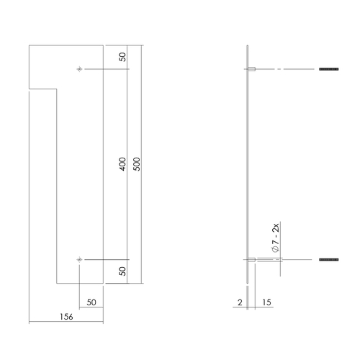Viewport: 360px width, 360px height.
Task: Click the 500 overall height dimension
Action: click(136, 164)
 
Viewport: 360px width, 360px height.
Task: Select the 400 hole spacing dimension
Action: click(122, 164)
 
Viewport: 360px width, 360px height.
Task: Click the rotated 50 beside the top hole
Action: click(122, 58)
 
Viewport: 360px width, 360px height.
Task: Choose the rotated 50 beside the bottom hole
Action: click(122, 271)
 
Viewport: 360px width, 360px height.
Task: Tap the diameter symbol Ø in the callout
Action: click(276, 248)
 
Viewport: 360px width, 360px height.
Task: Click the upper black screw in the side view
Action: click(328, 69)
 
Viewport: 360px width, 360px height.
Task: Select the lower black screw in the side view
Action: click(328, 259)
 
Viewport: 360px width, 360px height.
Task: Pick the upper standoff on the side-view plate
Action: click(253, 69)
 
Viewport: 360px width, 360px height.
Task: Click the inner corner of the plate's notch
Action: click(57, 89)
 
